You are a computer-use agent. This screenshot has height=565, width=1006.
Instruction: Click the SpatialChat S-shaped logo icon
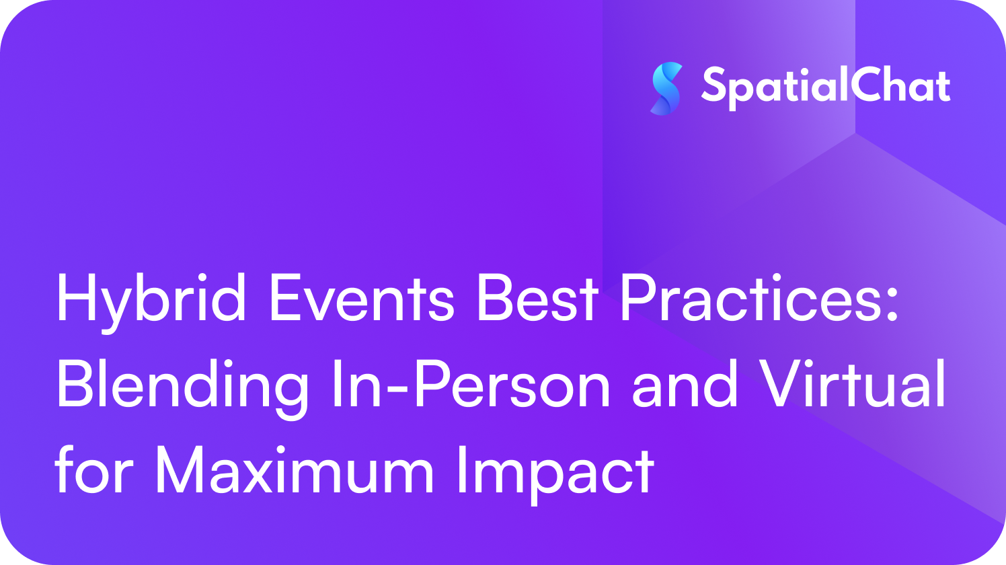tap(666, 89)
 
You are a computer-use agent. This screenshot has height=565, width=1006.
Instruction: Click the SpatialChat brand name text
tap(826, 87)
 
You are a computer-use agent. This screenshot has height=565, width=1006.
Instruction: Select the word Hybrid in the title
tap(151, 303)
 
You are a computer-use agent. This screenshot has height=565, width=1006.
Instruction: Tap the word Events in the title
tap(362, 298)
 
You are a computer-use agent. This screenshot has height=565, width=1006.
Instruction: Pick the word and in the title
tap(685, 384)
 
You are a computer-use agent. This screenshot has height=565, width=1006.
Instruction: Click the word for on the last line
tap(95, 469)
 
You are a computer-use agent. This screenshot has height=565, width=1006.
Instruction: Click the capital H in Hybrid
tap(77, 297)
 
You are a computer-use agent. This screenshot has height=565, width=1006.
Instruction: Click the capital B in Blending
tap(77, 384)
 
